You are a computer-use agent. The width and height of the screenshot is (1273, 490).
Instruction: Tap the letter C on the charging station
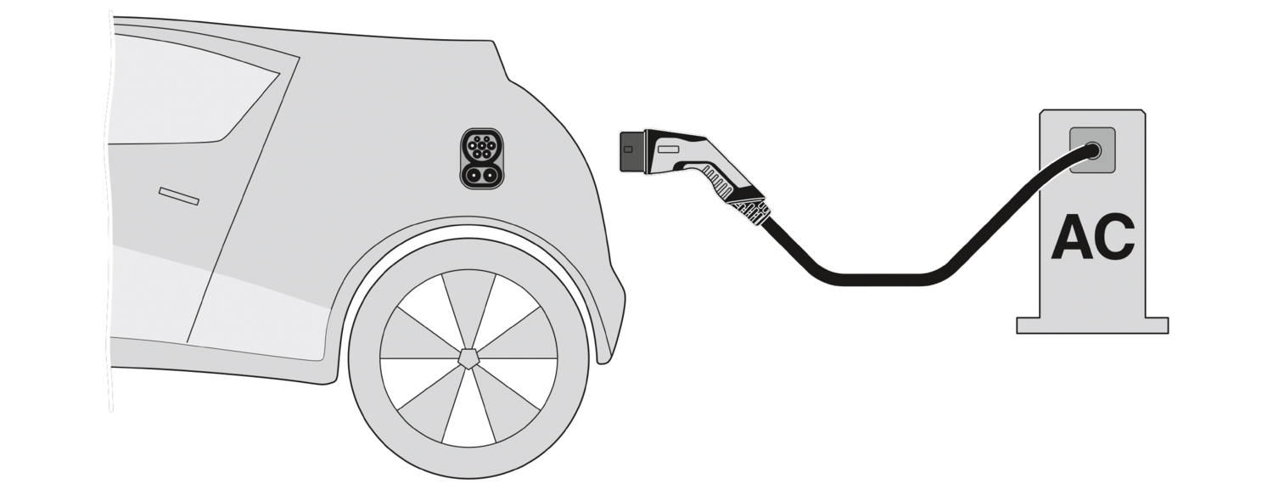point(1114,238)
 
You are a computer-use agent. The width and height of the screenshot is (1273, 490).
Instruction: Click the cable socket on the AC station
point(1093,150)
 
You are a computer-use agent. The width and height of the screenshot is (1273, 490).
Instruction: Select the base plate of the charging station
point(1092,325)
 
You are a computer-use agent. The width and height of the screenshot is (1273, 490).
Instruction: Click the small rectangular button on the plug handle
point(669,149)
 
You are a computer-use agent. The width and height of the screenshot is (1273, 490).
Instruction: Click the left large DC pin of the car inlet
point(473,174)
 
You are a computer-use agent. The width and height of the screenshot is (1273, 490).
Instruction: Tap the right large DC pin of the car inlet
point(491,174)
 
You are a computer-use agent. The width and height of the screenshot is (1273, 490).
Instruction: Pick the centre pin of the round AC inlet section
point(482,148)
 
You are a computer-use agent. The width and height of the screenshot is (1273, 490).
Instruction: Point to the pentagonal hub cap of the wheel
point(468,358)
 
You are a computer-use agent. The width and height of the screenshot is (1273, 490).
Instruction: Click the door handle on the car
point(179,196)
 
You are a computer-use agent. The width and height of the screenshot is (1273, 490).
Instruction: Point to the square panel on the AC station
point(1092,150)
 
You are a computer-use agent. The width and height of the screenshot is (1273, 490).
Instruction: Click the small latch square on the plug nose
point(628,149)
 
